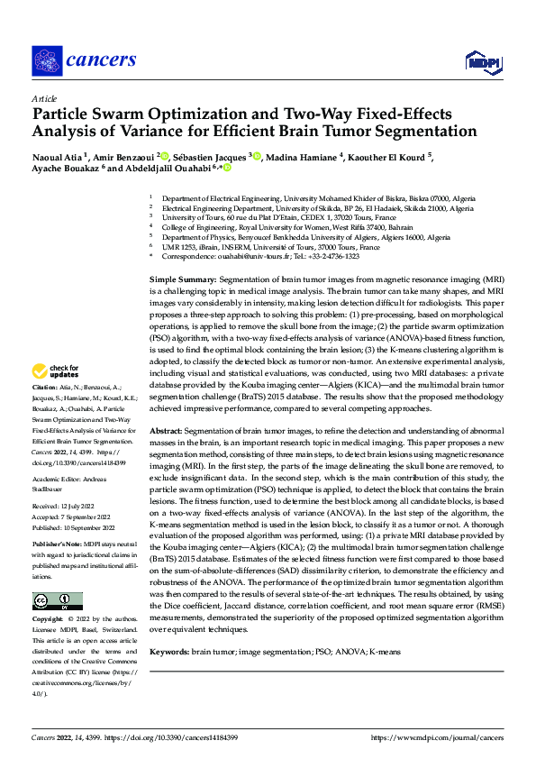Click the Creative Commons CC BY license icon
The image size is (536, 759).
pyautogui.click(x=57, y=575)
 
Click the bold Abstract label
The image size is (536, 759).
pyautogui.click(x=167, y=431)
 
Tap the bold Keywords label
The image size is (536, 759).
pyautogui.click(x=170, y=651)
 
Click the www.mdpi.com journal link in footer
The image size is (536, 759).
pyautogui.click(x=450, y=736)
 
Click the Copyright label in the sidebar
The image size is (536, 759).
pyautogui.click(x=48, y=595)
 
